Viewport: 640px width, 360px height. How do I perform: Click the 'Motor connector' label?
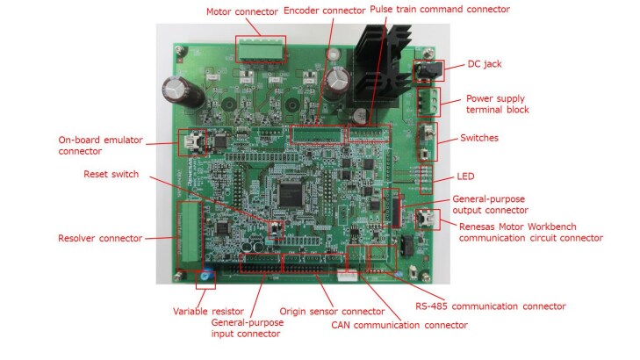(242, 11)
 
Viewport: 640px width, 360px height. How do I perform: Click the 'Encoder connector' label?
(322, 11)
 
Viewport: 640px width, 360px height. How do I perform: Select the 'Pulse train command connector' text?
(440, 10)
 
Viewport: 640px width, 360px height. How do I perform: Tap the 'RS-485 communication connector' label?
(490, 306)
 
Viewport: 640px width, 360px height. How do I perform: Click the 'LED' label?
(464, 176)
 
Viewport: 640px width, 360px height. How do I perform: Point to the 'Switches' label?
(479, 138)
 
